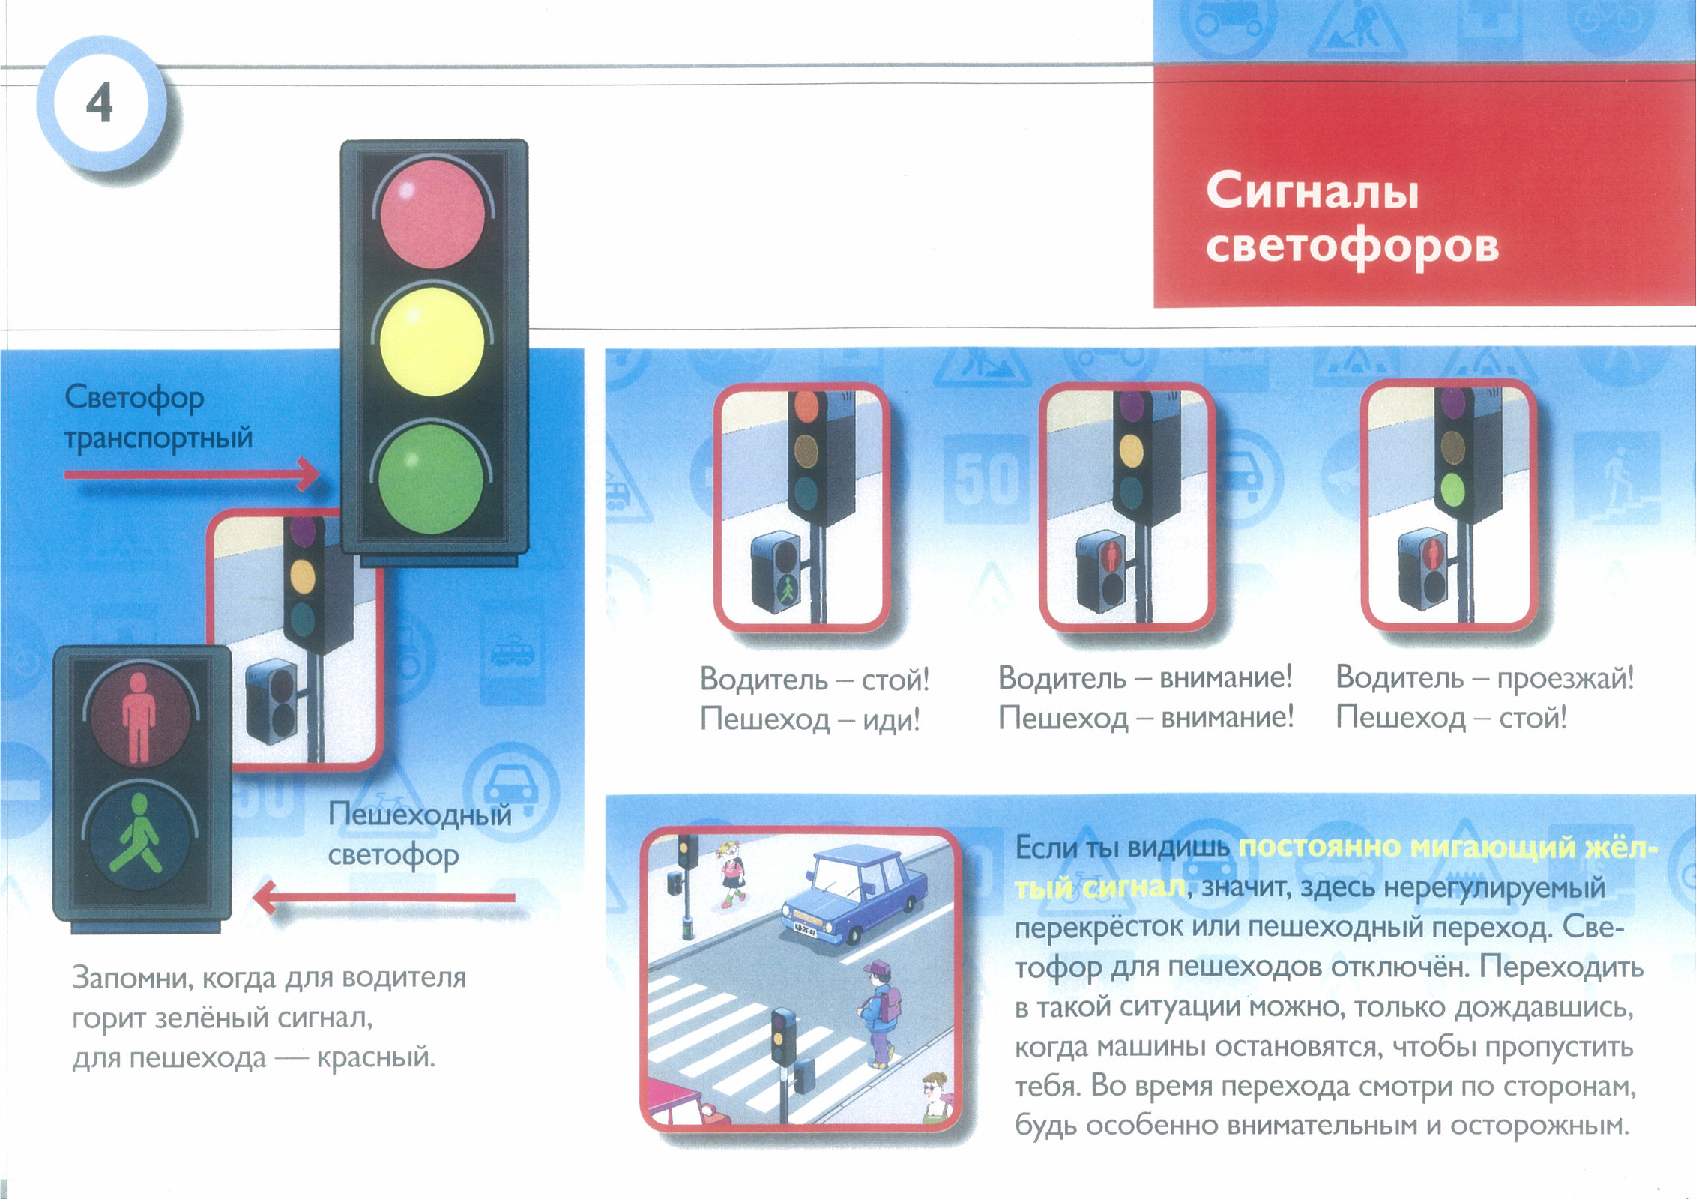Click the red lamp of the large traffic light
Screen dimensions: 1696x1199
click(432, 214)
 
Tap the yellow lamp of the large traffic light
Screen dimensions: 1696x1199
click(432, 342)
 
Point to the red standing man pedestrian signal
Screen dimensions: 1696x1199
click(139, 717)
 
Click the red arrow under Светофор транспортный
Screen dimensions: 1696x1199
click(192, 474)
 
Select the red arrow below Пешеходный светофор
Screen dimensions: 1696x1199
click(384, 897)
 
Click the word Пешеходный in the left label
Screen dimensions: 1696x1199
click(420, 815)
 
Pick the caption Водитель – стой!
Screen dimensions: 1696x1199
click(815, 680)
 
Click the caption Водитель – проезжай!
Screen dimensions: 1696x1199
click(1485, 677)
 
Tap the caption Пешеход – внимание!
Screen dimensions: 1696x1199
click(1146, 718)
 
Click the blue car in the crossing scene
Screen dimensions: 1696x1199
click(854, 893)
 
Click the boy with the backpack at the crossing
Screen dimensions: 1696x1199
click(878, 1014)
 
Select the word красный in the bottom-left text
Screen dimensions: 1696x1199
click(375, 1057)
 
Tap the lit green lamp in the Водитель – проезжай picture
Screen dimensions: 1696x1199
click(1452, 489)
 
